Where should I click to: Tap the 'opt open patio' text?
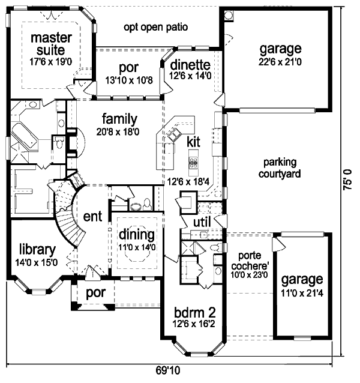156,27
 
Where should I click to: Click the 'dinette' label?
190,65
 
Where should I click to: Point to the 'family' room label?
119,119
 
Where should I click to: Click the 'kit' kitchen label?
193,142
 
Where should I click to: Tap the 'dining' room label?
137,234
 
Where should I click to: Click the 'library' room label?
37,249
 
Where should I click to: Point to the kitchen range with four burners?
194,162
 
